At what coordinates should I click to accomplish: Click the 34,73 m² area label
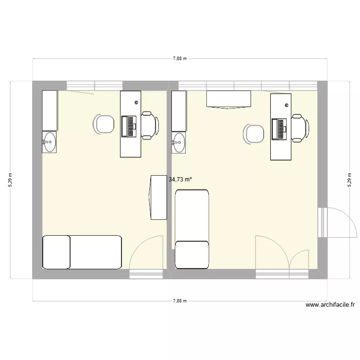[x=180, y=180]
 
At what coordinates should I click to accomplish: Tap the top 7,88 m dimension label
[x=180, y=59]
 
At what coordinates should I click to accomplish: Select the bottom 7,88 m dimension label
[x=180, y=301]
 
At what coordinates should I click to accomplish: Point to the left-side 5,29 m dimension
[x=11, y=180]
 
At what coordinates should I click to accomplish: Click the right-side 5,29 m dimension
[x=349, y=180]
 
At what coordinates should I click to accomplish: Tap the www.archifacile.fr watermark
[x=330, y=305]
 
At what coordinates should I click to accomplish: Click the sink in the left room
[x=49, y=142]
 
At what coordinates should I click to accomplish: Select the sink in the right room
[x=179, y=143]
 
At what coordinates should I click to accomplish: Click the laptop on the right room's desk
[x=279, y=129]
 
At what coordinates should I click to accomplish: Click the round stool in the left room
[x=104, y=124]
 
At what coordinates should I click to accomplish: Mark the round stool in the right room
[x=254, y=134]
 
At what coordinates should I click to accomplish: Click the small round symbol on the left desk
[x=137, y=103]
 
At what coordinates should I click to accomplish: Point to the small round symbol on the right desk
[x=287, y=105]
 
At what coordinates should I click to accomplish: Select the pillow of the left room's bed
[x=57, y=252]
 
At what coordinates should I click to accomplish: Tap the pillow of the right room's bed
[x=192, y=254]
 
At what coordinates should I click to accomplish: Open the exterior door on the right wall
[x=337, y=222]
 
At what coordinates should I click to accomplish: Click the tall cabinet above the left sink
[x=49, y=111]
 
